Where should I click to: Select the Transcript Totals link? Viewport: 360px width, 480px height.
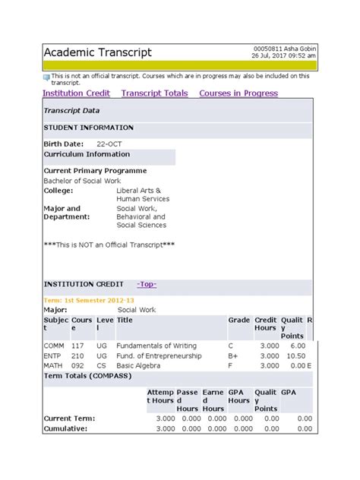(154, 93)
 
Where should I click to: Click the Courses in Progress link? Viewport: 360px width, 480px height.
(238, 93)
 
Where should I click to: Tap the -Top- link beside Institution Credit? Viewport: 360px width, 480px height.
(147, 284)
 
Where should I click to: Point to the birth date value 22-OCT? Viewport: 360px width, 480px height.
(110, 143)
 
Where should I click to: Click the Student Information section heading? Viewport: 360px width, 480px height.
(88, 128)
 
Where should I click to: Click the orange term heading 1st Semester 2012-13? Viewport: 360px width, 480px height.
(94, 300)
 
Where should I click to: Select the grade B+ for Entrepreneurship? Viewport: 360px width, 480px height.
(234, 355)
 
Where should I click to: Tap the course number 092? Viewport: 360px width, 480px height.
(77, 365)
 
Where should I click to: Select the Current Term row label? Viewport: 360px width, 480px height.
(70, 418)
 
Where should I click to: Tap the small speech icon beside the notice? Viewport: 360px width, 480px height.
(46, 77)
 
